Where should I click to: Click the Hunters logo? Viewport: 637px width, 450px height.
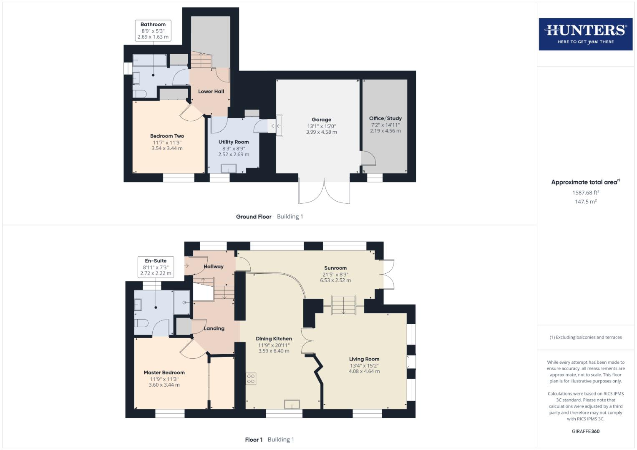pyautogui.click(x=585, y=34)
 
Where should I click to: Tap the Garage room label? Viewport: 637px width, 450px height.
pyautogui.click(x=321, y=120)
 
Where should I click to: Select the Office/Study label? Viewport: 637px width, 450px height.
pyautogui.click(x=385, y=118)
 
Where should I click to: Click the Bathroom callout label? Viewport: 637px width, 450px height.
pyautogui.click(x=153, y=25)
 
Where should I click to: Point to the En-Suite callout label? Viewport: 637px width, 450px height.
pyautogui.click(x=156, y=261)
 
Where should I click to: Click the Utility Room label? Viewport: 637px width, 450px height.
pyautogui.click(x=234, y=142)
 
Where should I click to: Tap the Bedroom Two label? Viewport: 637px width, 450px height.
pyautogui.click(x=167, y=136)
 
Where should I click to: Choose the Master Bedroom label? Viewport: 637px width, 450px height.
pyautogui.click(x=164, y=372)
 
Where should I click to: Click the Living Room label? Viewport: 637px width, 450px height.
pyautogui.click(x=364, y=359)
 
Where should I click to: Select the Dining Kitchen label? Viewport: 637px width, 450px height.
pyautogui.click(x=274, y=339)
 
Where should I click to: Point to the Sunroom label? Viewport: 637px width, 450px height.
pyautogui.click(x=335, y=268)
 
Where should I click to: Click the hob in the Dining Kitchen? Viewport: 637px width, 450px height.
pyautogui.click(x=251, y=379)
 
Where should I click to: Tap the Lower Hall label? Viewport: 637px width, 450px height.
pyautogui.click(x=211, y=91)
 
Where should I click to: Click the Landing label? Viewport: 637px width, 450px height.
pyautogui.click(x=214, y=328)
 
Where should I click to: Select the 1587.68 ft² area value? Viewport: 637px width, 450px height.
pyautogui.click(x=585, y=192)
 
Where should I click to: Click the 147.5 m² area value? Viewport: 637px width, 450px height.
pyautogui.click(x=585, y=202)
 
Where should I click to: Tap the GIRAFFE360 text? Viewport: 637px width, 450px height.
pyautogui.click(x=585, y=431)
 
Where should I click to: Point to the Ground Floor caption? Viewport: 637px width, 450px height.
pyautogui.click(x=254, y=217)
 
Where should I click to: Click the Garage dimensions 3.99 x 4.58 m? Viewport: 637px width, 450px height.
pyautogui.click(x=321, y=132)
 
